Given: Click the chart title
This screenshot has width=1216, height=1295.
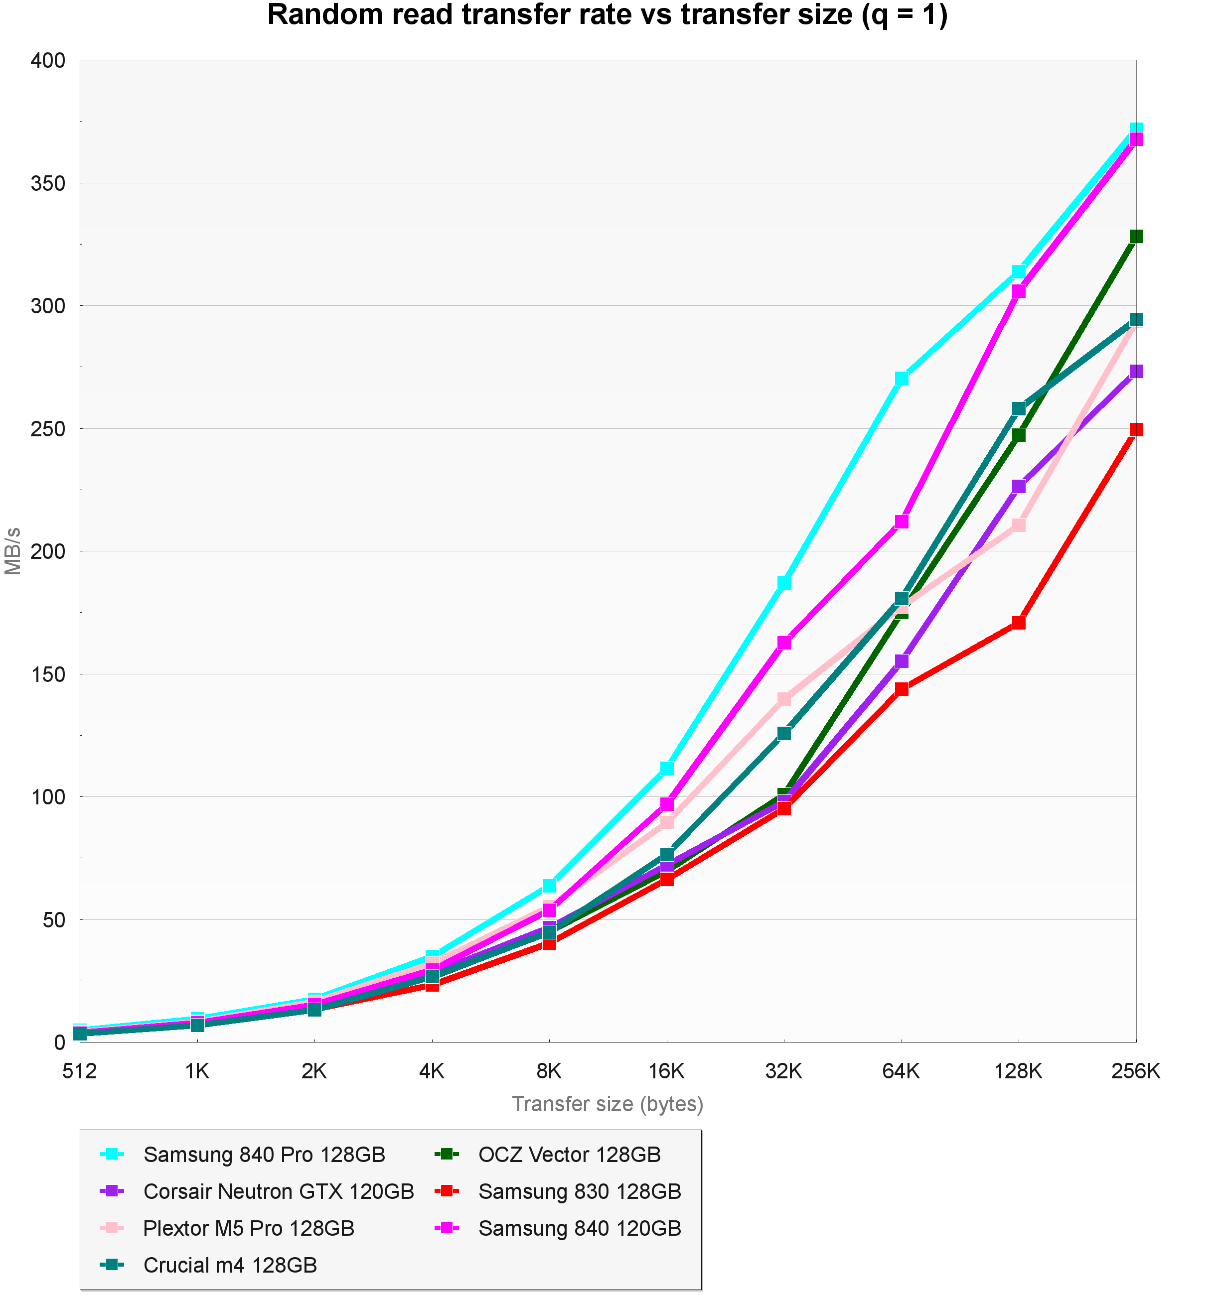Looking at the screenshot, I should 608,15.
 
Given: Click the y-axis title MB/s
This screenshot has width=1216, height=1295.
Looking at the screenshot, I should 13,551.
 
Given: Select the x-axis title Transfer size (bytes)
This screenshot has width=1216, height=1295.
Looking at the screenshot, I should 608,1103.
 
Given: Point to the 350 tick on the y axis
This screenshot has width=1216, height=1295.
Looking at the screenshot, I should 48,183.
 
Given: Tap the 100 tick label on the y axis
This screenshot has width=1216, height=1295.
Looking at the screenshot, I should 48,796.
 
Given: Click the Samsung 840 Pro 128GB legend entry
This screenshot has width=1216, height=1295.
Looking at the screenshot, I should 264,1155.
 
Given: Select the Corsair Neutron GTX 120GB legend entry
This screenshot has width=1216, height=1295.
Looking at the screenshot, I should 278,1191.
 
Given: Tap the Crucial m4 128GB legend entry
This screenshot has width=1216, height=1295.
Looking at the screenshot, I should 229,1265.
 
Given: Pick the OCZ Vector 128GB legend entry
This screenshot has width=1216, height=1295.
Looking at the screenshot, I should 569,1155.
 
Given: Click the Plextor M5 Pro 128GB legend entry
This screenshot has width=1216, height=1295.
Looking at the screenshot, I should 248,1228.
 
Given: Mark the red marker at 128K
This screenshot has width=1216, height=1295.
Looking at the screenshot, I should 1019,623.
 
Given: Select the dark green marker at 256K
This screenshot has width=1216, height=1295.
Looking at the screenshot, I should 1136,237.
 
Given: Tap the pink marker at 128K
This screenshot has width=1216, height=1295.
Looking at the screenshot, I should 1019,525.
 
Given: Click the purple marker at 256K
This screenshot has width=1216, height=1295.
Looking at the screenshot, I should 1136,371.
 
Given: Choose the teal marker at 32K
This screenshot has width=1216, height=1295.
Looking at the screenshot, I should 784,733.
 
